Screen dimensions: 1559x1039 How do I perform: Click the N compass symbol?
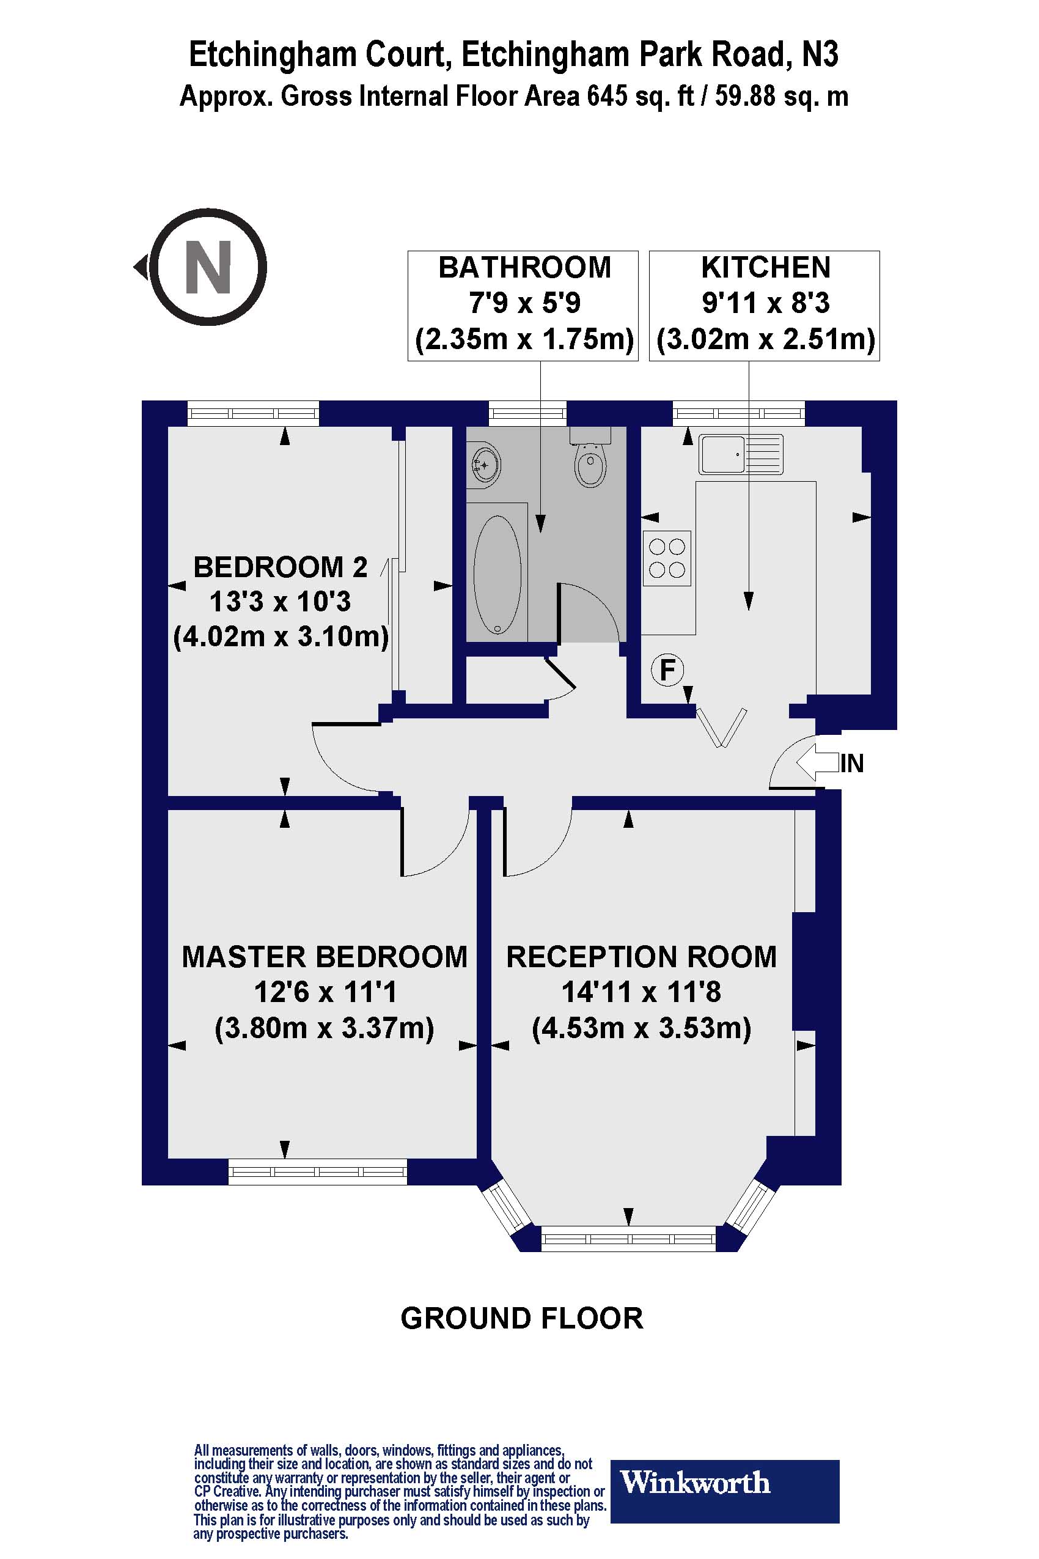[207, 267]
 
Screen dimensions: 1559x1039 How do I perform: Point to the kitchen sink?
[740, 454]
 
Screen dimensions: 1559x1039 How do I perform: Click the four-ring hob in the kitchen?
[667, 558]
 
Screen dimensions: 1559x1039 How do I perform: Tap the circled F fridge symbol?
[667, 669]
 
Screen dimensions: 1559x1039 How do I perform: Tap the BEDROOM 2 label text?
[281, 567]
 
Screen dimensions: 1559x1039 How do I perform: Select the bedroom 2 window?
[252, 414]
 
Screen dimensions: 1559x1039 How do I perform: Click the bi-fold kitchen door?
[721, 728]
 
